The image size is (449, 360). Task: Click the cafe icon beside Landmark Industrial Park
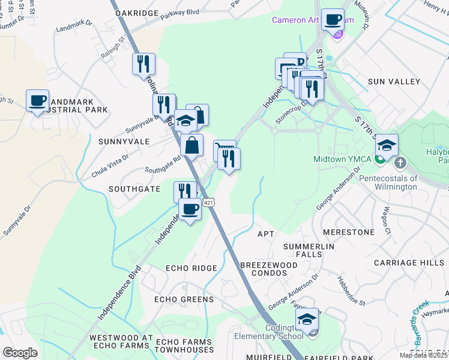pos(37,101)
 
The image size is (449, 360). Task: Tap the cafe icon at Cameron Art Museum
pos(332,19)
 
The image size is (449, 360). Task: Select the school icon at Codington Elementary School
pos(307,320)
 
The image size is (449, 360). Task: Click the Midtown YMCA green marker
pos(379,160)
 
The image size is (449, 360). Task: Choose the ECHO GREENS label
pos(184,299)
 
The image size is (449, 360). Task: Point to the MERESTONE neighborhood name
pos(348,232)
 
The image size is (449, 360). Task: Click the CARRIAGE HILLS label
pos(409,263)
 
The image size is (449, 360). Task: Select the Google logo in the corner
pos(20,352)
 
